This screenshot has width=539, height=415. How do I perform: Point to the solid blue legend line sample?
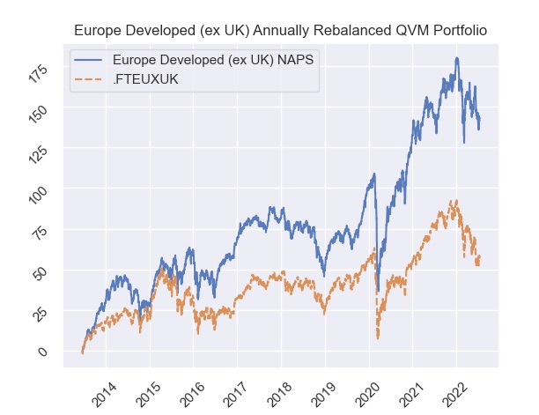(x=92, y=59)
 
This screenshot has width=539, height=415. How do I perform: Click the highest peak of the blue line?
(x=457, y=58)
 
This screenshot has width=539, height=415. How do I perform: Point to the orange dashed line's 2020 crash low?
(x=377, y=337)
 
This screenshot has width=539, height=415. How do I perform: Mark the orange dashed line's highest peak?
(x=453, y=201)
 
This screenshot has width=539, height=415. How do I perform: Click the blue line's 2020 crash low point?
(x=378, y=291)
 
